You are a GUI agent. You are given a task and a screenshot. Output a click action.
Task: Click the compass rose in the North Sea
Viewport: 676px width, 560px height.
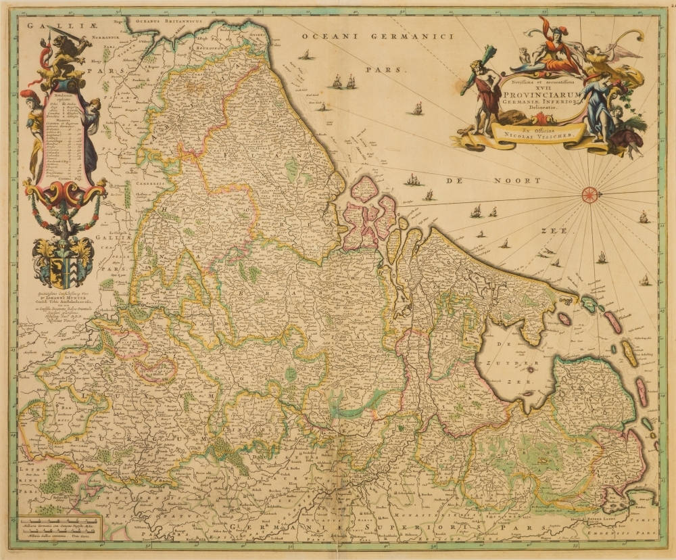tap(590, 195)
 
